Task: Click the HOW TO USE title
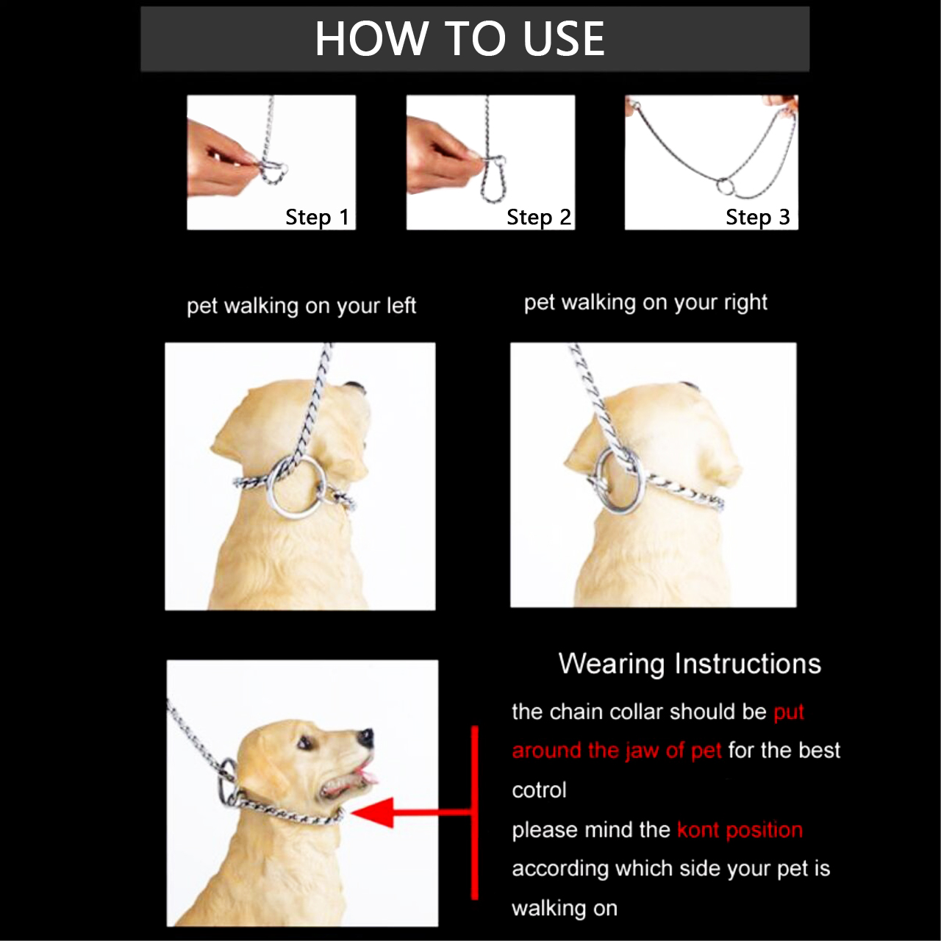click(459, 38)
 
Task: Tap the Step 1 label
click(317, 217)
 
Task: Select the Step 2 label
click(538, 217)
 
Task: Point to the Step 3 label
click(757, 217)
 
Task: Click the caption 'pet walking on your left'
click(301, 305)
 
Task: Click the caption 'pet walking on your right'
click(645, 302)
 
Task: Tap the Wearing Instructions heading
click(689, 663)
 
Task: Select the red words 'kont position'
click(739, 829)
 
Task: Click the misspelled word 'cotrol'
click(539, 790)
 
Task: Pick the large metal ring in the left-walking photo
click(297, 488)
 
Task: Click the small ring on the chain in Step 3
click(725, 186)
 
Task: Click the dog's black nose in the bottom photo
click(365, 737)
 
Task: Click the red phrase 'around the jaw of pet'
click(616, 751)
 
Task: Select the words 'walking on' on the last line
click(564, 908)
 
